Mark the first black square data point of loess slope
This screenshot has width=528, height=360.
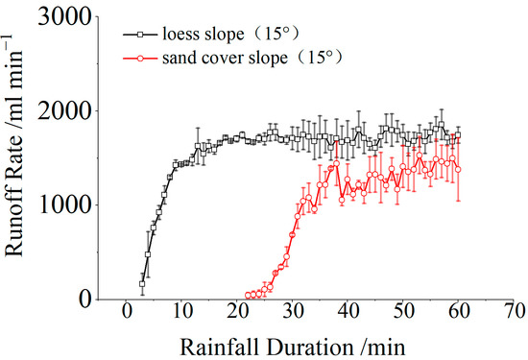tap(142, 284)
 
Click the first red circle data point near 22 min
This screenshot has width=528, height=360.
tap(249, 296)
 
